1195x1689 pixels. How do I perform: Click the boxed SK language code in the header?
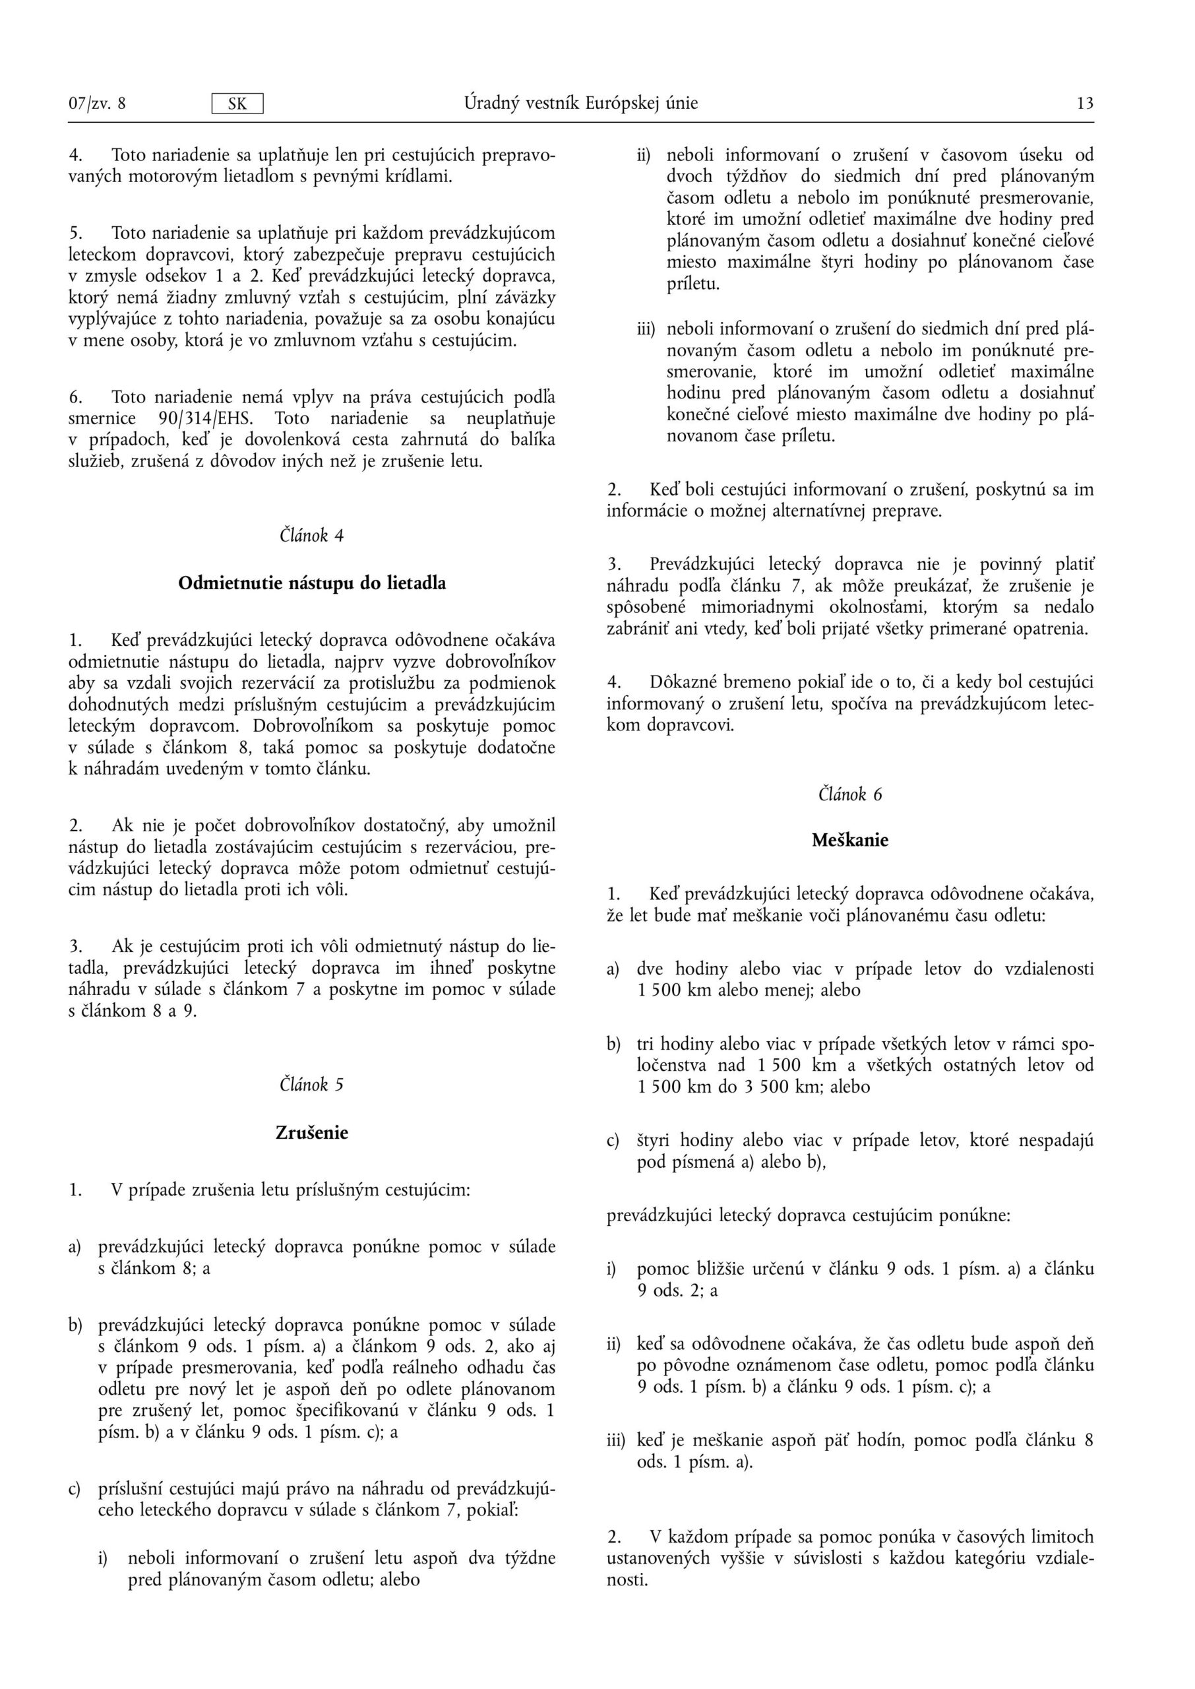coord(237,104)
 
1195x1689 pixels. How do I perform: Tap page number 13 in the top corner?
coord(1085,103)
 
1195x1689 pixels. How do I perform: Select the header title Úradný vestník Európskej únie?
coord(580,103)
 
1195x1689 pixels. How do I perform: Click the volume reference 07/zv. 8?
coord(97,103)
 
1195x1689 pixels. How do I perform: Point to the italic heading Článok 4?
coord(311,535)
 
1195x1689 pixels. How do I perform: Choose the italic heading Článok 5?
coord(311,1084)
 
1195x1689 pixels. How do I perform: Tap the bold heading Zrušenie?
coord(312,1133)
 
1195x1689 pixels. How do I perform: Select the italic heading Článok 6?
coord(850,794)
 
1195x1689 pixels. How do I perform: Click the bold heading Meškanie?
coord(850,841)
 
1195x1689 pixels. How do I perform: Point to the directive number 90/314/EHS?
coord(205,419)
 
